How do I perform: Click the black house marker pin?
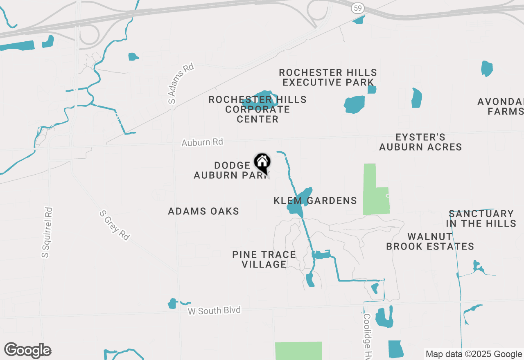click(262, 163)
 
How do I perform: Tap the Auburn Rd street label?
click(202, 142)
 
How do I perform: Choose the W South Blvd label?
click(214, 310)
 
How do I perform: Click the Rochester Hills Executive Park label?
click(328, 77)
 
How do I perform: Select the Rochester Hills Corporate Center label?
click(257, 109)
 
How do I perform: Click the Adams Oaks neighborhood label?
click(203, 211)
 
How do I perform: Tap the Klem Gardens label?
click(315, 201)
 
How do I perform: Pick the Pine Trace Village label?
click(264, 259)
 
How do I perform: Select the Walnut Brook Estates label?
click(430, 241)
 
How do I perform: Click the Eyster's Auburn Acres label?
click(420, 142)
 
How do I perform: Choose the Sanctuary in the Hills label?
click(481, 218)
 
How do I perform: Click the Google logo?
click(27, 351)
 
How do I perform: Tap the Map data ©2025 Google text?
click(474, 354)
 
